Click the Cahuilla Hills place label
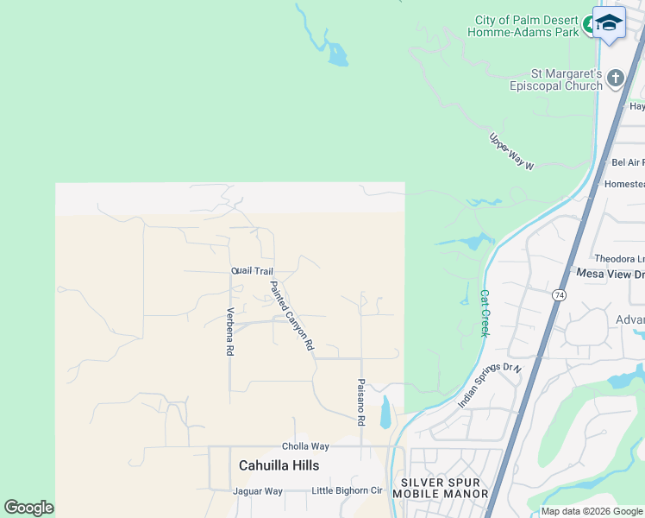click(279, 465)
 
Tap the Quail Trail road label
click(252, 271)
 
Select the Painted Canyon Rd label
click(291, 315)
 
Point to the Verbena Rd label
click(230, 332)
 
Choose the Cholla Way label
click(305, 446)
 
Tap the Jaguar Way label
click(257, 491)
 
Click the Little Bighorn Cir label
click(347, 491)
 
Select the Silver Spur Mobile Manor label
click(440, 488)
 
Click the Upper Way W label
click(512, 151)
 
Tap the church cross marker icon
click(616, 79)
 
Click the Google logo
click(28, 508)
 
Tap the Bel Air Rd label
click(628, 162)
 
